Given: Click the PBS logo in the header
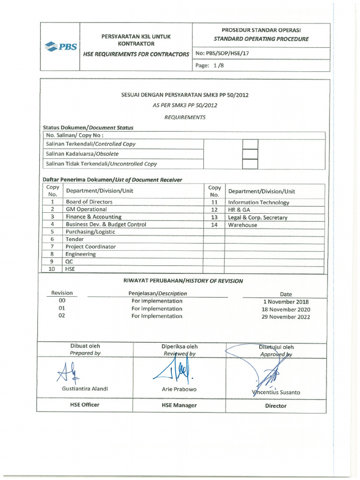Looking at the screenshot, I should (60, 47).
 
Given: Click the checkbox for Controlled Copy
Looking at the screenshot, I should (250, 144).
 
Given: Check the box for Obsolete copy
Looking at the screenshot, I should (250, 154).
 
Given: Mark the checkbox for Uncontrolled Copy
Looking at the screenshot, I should (250, 164).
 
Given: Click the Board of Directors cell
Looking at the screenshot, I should (89, 202).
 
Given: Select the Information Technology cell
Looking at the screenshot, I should (258, 202).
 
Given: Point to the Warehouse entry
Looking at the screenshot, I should (242, 225).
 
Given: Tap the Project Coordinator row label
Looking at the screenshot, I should (90, 247).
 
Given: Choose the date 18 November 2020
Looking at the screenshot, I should (285, 309).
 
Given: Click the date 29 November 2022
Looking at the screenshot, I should (285, 317).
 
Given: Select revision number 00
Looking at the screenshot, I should (62, 301).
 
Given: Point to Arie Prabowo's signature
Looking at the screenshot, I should (175, 370).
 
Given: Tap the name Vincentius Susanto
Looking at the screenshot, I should (276, 392).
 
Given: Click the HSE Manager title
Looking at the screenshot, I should (179, 405).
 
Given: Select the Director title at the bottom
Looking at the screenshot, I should (276, 406).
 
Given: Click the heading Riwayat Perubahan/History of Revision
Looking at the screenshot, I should (183, 281).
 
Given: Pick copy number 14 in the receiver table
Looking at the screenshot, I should (214, 225).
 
